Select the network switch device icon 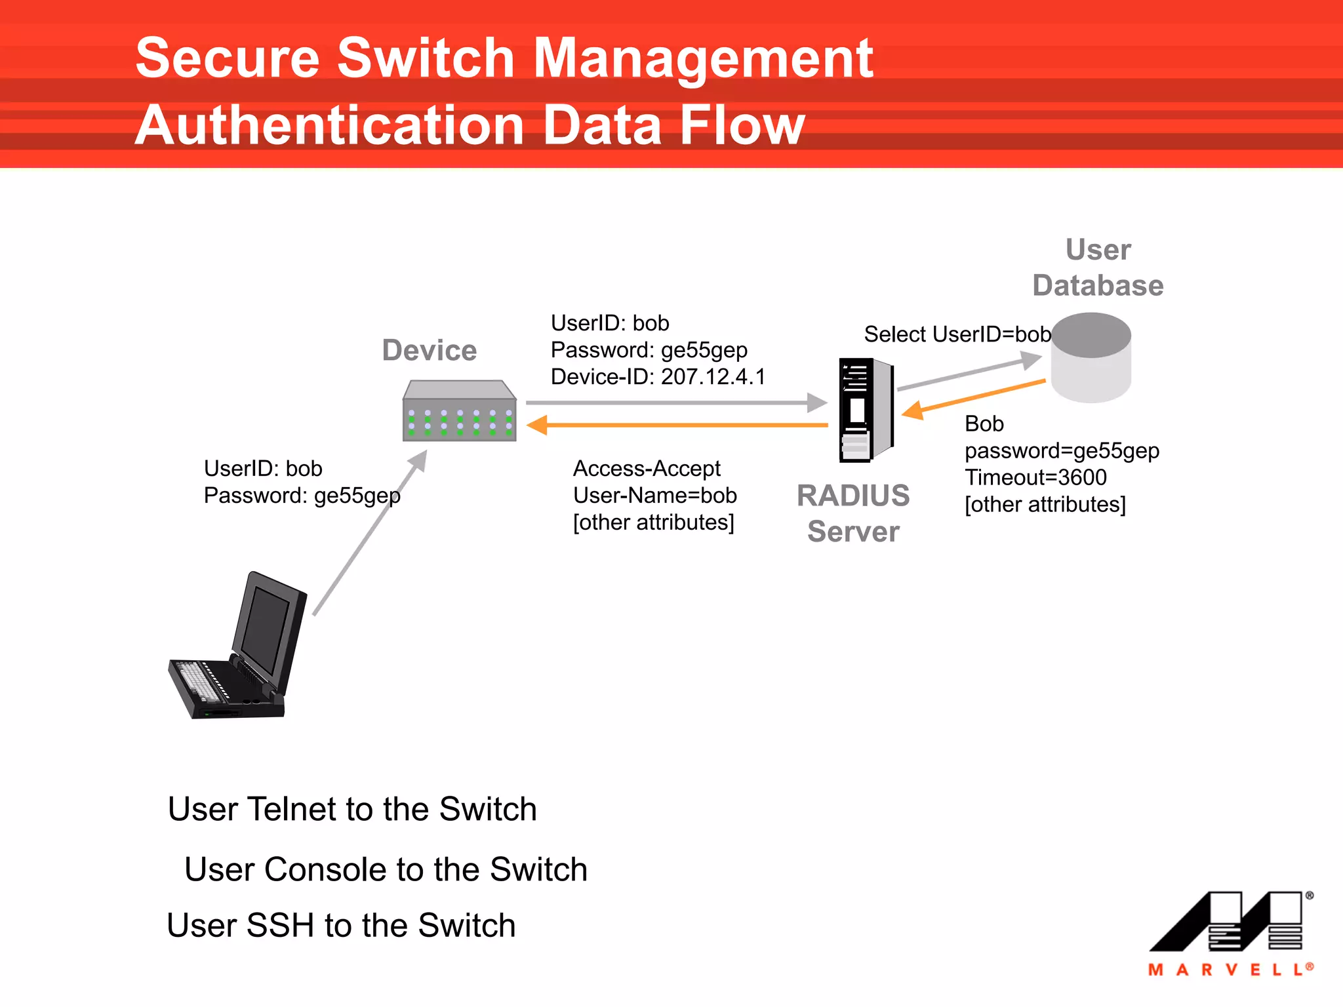(459, 412)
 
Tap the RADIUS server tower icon (866, 410)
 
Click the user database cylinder (1091, 358)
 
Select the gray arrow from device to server (675, 403)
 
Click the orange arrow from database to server (974, 396)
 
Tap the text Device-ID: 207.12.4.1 (658, 377)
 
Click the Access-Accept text (647, 469)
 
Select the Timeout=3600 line (1035, 477)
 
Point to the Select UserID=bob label (957, 334)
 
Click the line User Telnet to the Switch (352, 809)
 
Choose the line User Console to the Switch (386, 869)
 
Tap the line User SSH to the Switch (341, 926)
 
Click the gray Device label (430, 350)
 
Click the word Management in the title (703, 59)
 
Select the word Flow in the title (742, 126)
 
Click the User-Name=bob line (654, 496)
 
